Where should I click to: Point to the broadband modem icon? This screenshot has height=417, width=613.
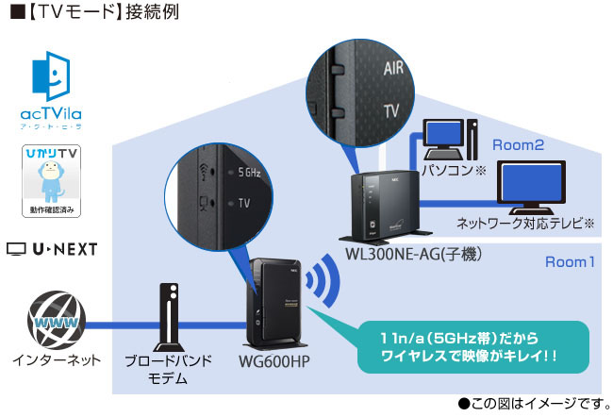pos(167,315)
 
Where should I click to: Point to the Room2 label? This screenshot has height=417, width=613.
pos(518,145)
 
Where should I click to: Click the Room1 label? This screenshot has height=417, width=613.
pos(570,261)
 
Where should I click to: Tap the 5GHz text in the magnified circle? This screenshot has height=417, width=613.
pos(249,174)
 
